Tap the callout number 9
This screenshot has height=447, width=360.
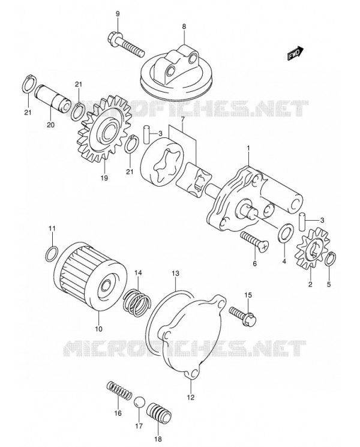point(118,13)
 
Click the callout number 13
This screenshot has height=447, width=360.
point(175,273)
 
